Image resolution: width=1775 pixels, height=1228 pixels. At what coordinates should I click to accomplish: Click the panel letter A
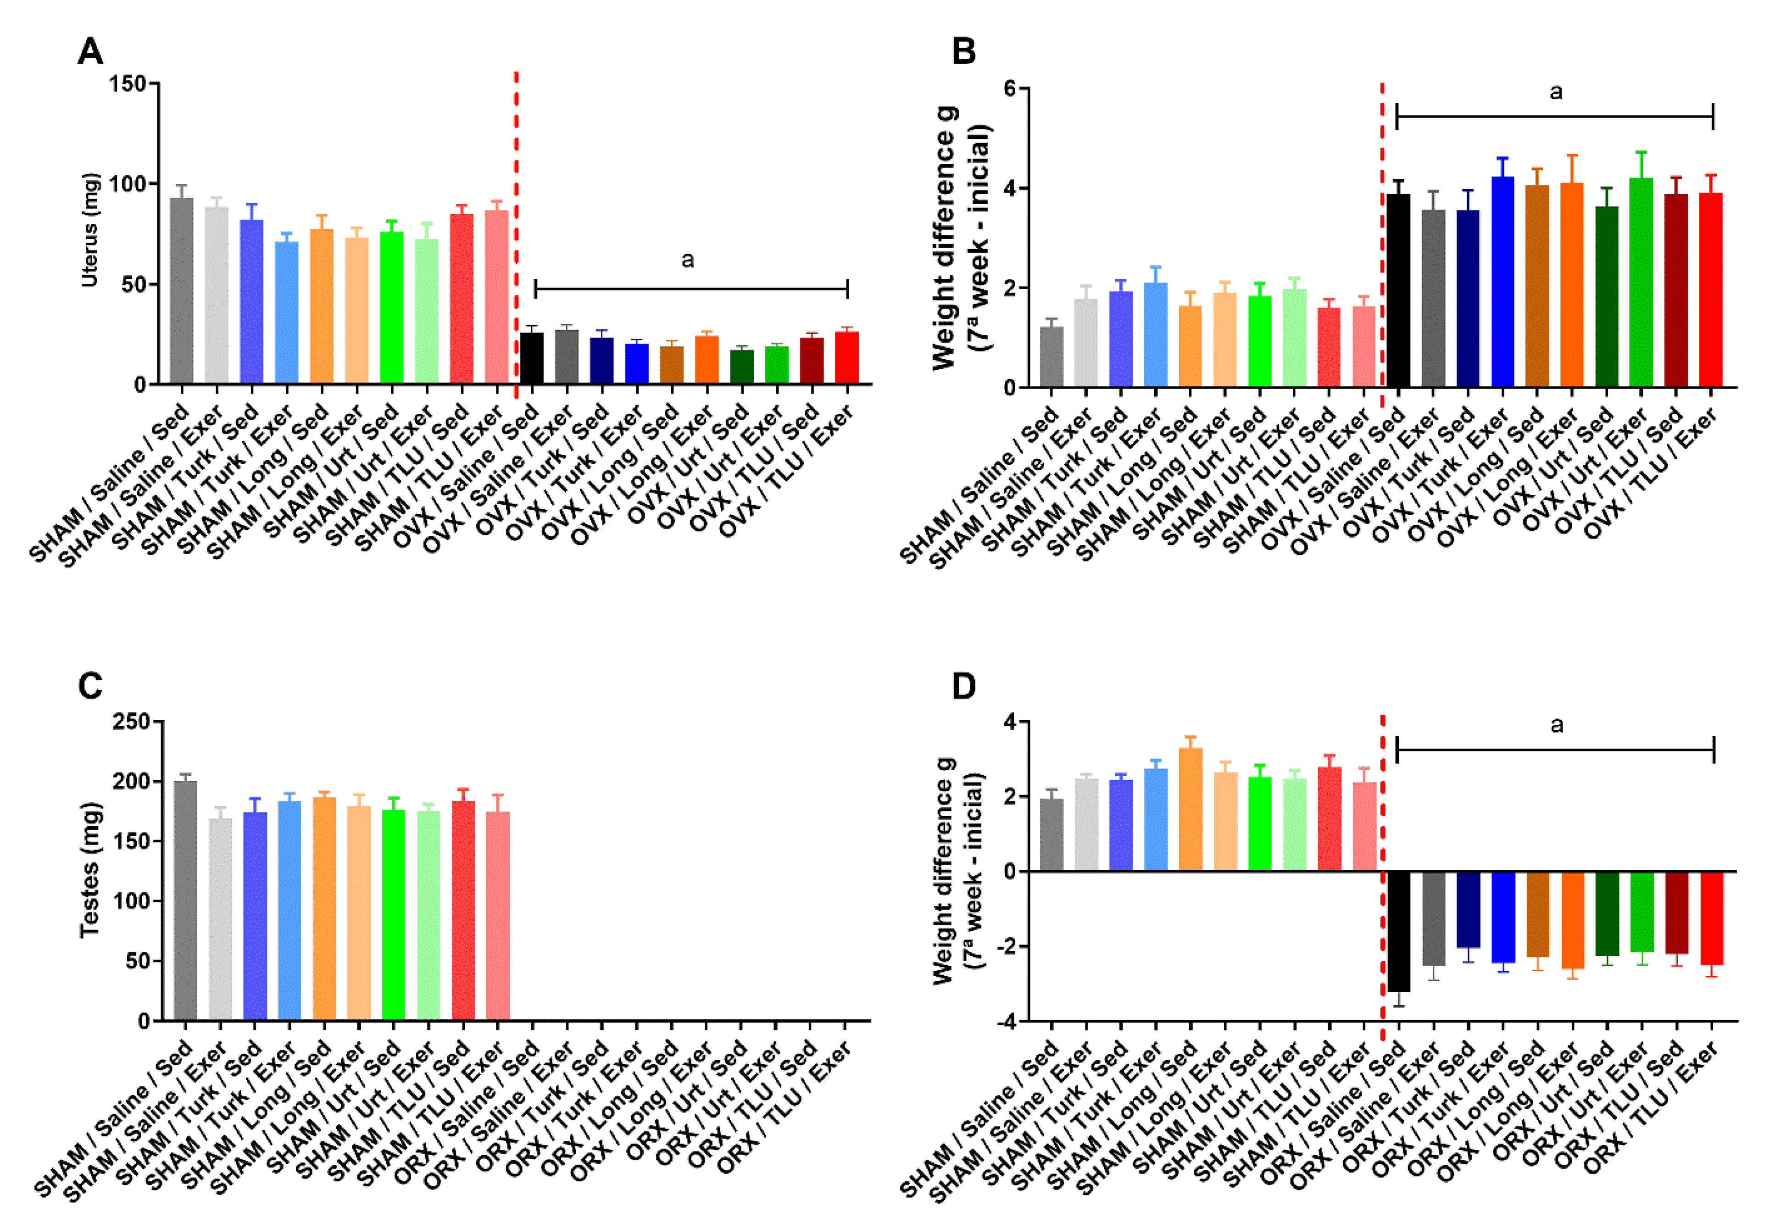tap(90, 52)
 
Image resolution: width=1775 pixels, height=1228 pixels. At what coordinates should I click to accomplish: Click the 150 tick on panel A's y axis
tap(128, 84)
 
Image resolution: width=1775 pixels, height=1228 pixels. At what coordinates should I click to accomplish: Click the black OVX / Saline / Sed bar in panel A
tap(532, 358)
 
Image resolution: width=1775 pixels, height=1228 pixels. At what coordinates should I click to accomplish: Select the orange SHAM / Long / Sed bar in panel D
tap(1190, 810)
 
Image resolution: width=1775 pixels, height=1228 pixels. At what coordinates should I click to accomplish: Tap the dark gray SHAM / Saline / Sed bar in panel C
tap(185, 900)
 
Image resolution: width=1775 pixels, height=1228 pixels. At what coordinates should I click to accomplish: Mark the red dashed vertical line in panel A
tap(516, 231)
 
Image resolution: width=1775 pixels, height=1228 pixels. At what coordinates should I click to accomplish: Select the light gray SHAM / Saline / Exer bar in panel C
tap(220, 919)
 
